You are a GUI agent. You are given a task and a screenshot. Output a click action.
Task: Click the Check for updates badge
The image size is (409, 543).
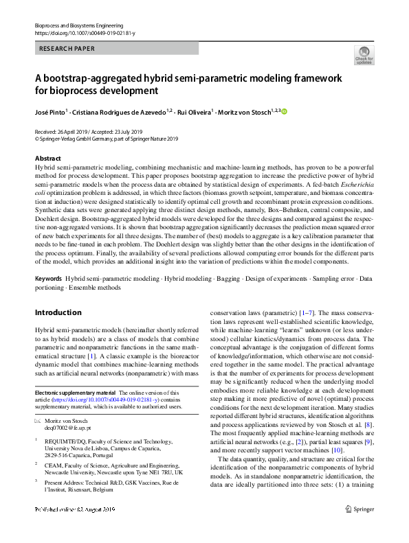364,55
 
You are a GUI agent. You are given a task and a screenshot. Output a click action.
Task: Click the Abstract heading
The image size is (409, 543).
47,158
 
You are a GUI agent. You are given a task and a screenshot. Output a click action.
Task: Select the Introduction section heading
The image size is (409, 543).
58,312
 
